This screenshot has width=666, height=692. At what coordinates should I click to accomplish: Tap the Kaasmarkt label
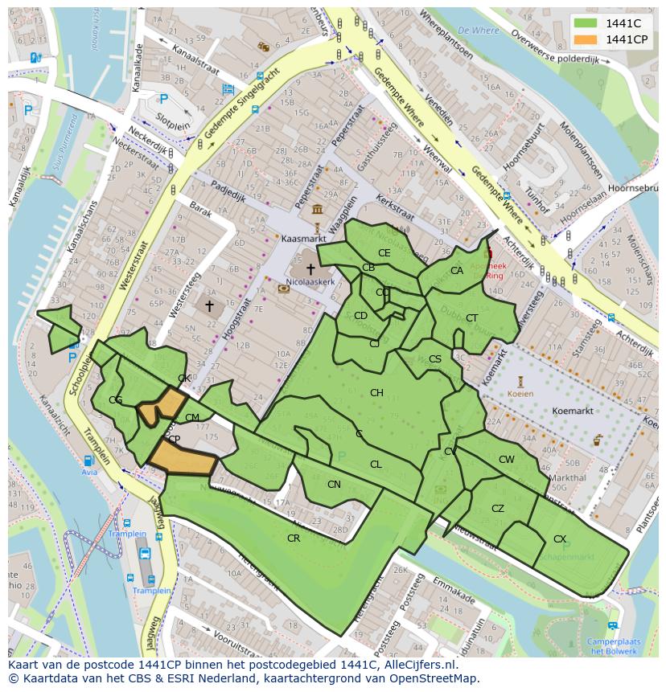coord(302,239)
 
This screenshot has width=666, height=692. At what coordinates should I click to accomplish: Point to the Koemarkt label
coord(573,411)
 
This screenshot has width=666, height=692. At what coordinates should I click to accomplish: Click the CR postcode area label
coord(294,538)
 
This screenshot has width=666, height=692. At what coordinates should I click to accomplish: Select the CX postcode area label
coord(560,538)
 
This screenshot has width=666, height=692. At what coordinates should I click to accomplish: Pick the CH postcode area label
coord(376,392)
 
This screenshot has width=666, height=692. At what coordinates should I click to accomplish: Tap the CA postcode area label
coord(456,271)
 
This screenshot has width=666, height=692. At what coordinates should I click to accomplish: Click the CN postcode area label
coord(334,484)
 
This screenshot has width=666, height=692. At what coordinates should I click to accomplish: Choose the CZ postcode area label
coord(498,508)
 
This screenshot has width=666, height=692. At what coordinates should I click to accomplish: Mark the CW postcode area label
coord(506,460)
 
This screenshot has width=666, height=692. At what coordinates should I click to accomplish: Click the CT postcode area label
coord(471,318)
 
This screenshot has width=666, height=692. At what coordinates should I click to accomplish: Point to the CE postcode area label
coord(384,252)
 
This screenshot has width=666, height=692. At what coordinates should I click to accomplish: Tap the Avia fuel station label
coord(88,473)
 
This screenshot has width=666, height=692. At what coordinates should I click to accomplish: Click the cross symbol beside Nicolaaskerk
coord(310,268)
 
